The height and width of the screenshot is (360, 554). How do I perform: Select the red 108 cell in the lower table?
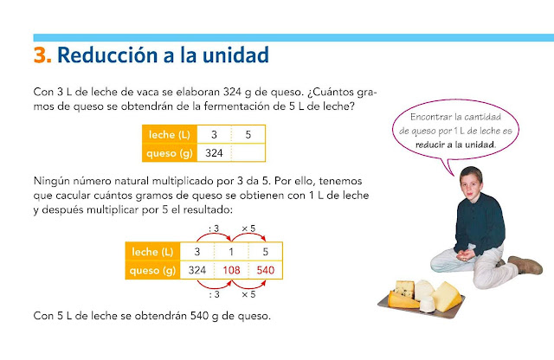point(232,270)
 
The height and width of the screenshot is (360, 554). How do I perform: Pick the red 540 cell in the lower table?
point(266,270)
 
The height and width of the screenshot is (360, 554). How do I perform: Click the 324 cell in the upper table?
point(215,153)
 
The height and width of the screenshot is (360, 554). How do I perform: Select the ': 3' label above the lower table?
point(214,228)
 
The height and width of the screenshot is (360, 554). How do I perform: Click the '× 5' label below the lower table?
point(248,293)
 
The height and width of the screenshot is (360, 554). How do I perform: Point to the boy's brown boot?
point(525,264)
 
